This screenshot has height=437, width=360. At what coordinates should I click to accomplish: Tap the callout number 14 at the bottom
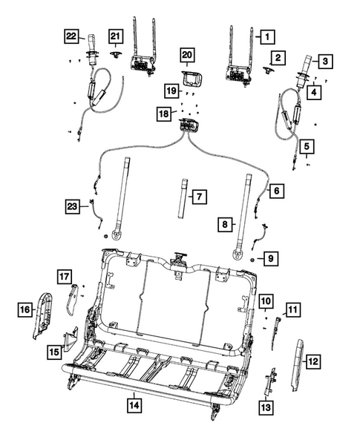[x=134, y=405]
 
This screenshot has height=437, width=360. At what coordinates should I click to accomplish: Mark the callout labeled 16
[x=24, y=309]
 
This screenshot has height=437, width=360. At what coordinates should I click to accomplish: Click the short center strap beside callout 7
[x=182, y=197]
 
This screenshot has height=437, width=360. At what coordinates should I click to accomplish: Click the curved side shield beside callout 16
[x=44, y=312]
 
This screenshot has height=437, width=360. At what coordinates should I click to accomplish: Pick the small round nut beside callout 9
[x=254, y=260]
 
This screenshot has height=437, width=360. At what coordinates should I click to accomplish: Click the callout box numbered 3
[x=324, y=62]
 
